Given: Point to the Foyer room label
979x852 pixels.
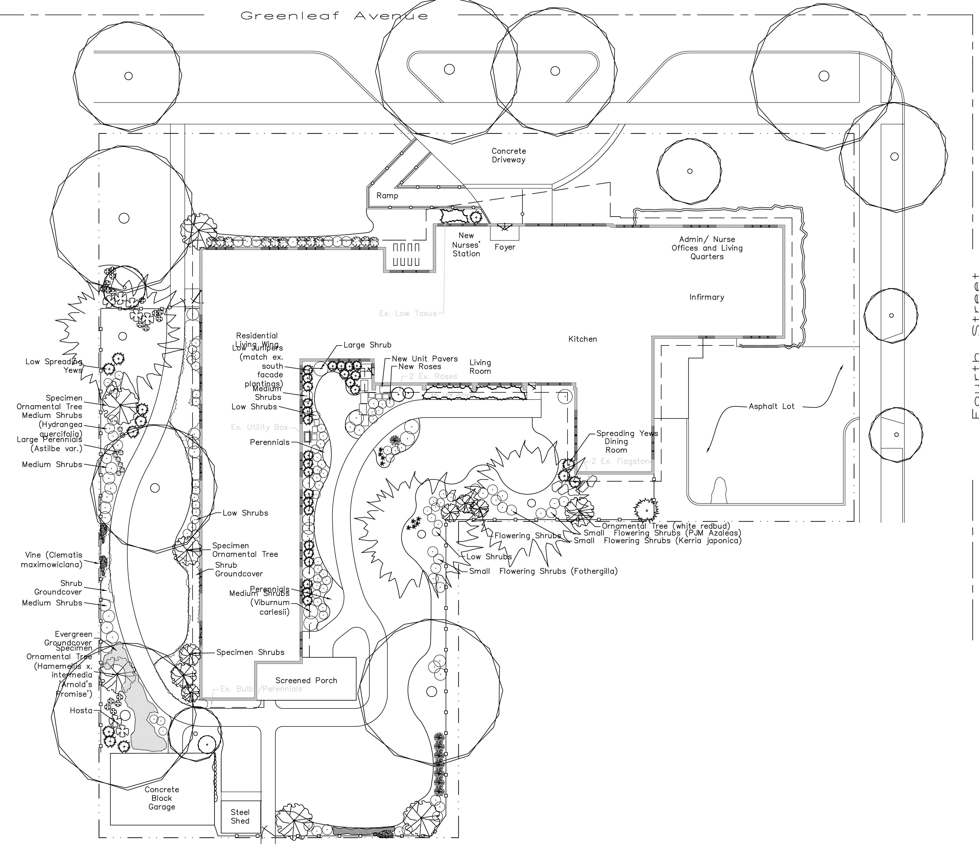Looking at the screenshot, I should (505, 247).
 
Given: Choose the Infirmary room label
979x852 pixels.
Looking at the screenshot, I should (707, 297).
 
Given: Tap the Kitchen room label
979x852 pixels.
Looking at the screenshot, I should (582, 339).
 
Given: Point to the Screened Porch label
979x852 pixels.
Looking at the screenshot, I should (306, 680).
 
